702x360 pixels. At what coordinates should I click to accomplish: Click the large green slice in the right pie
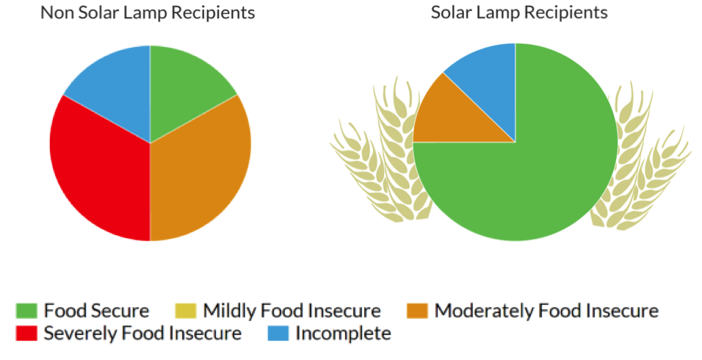click(x=529, y=176)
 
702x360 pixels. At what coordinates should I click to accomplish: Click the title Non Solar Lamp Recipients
click(x=148, y=12)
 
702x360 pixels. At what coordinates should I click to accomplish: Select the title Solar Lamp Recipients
click(x=519, y=12)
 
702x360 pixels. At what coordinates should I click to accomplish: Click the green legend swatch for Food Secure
click(x=27, y=311)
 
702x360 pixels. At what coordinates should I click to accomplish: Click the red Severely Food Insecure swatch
click(x=27, y=334)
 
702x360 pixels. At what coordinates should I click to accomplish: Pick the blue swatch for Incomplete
click(x=278, y=334)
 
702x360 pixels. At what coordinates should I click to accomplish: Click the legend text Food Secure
click(x=96, y=311)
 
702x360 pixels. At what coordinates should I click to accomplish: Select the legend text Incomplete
click(x=343, y=334)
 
